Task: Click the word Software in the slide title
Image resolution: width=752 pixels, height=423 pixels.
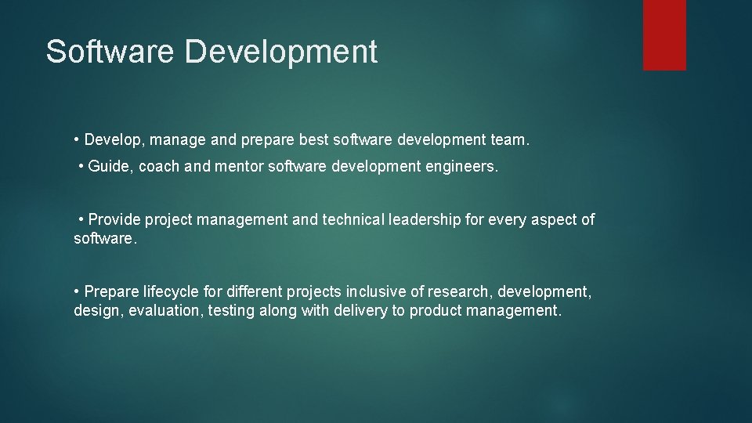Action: (x=110, y=52)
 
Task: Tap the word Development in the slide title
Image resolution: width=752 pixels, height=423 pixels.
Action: (x=281, y=52)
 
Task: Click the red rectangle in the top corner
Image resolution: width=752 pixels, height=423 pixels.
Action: (x=664, y=34)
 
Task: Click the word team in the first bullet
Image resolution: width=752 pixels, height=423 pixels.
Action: (x=510, y=140)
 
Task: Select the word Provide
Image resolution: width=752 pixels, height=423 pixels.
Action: (x=114, y=220)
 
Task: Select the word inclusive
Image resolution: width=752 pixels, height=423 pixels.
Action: (x=374, y=292)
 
